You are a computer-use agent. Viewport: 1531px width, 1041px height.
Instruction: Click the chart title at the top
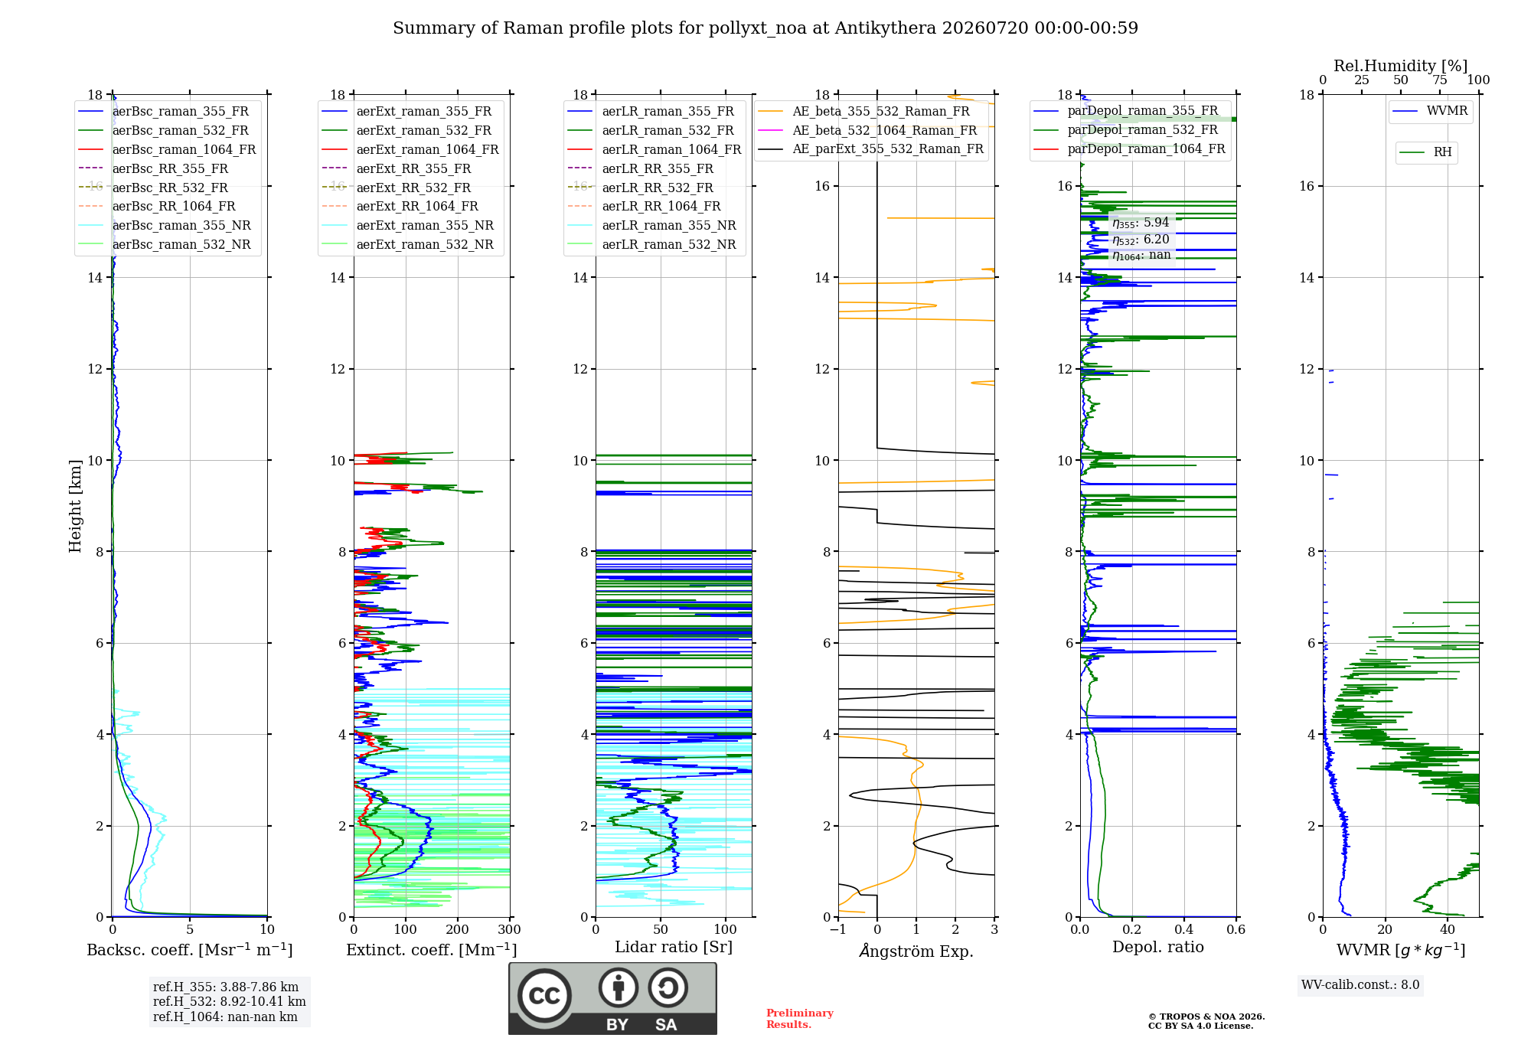[765, 28]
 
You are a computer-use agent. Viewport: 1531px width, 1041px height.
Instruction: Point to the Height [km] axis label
[75, 506]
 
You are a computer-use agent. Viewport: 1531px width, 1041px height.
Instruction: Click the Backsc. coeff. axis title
[190, 950]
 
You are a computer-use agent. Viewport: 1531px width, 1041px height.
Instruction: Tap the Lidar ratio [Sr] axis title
[674, 948]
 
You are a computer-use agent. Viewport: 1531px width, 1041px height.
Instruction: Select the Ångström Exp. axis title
[916, 951]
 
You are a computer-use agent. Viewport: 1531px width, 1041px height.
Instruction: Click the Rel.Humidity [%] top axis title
[1401, 66]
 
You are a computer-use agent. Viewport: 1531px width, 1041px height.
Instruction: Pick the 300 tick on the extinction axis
[509, 930]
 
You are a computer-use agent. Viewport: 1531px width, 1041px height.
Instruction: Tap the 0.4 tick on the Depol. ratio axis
[1184, 930]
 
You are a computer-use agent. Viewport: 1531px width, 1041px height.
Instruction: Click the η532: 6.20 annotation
[1141, 240]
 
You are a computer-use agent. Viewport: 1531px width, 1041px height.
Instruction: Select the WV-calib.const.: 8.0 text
[1360, 985]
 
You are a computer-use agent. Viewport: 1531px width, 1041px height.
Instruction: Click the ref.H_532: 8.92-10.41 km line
[230, 1002]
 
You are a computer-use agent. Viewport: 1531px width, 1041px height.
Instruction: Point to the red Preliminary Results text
[800, 1019]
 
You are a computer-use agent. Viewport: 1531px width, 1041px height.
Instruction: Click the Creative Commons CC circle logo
[544, 996]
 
